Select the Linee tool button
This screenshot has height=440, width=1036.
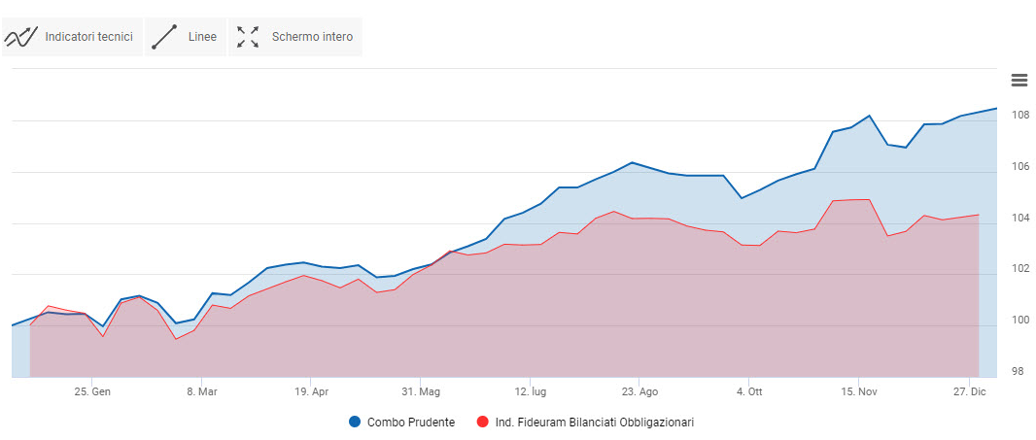[x=185, y=37]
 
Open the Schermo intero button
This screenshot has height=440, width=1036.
[x=294, y=37]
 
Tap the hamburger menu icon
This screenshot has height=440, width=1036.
[x=1019, y=80]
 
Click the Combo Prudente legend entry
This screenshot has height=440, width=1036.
[x=401, y=423]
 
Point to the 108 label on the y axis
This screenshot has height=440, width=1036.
[x=1019, y=116]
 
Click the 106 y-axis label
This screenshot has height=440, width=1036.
[x=1019, y=167]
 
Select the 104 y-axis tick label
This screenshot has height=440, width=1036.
[x=1019, y=218]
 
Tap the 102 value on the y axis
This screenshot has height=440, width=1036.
[x=1019, y=269]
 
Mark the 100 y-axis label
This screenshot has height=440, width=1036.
[x=1019, y=321]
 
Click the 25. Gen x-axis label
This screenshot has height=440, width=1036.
[x=91, y=392]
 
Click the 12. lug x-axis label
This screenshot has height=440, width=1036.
[x=529, y=392]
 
